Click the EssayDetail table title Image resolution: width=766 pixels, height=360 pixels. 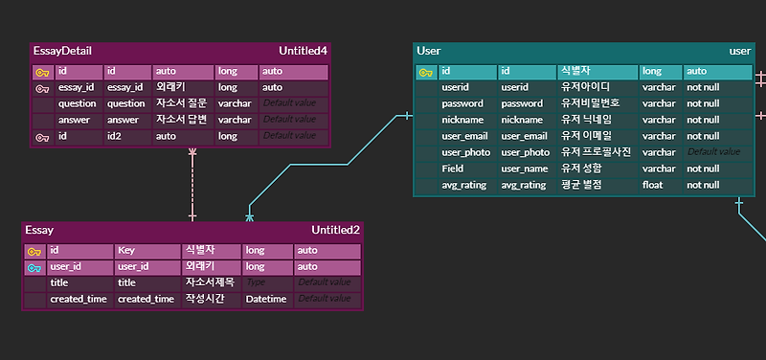pos(62,51)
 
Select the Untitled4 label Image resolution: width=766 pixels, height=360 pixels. pos(304,51)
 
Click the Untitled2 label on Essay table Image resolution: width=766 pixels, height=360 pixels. pos(335,230)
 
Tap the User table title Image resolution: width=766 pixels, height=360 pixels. pos(428,50)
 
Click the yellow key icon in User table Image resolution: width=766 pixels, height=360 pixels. pos(425,72)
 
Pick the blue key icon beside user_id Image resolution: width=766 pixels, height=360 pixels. pos(34,267)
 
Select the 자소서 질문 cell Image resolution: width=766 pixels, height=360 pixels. pos(182,103)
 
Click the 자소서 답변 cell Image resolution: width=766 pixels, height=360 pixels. pos(182,120)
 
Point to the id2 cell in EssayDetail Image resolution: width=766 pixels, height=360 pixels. pos(115,137)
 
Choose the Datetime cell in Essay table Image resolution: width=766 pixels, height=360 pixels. pos(266,300)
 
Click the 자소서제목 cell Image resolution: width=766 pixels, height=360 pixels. pos(209,283)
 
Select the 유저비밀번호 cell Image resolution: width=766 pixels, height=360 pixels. pos(591,103)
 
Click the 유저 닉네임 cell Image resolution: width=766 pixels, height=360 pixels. pos(586,120)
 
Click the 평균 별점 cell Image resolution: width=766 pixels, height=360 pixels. pos(581,185)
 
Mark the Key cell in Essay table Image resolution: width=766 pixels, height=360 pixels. pos(126,251)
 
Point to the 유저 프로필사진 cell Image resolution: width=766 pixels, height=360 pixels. pos(595,152)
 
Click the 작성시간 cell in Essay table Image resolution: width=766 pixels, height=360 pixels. pos(205,300)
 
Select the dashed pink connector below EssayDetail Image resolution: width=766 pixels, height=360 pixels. pos(192,182)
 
